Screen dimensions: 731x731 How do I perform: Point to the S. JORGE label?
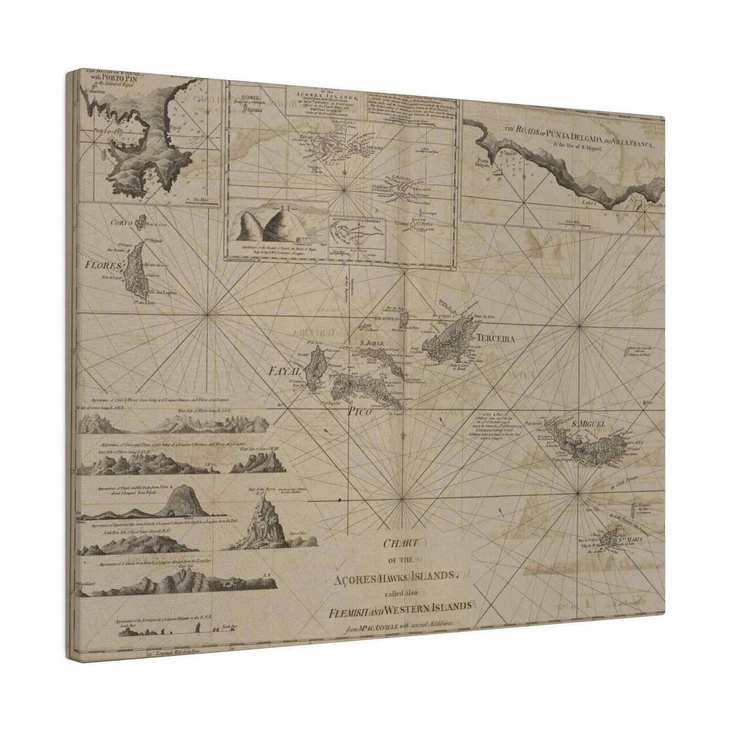coord(372,344)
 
